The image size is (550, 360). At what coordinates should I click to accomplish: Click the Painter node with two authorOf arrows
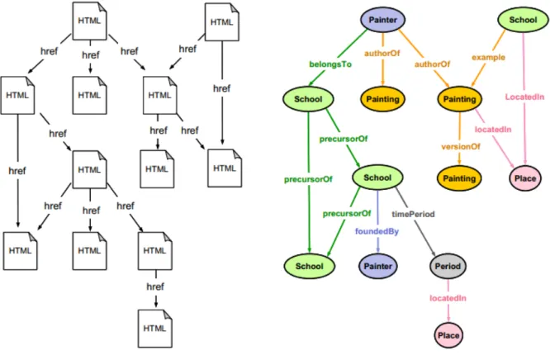point(382,20)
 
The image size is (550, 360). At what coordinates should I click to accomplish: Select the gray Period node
point(448,266)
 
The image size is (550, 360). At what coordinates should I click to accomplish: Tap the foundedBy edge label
point(377,231)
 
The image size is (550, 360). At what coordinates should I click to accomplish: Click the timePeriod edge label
point(413,214)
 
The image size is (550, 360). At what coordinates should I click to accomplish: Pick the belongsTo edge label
point(330,64)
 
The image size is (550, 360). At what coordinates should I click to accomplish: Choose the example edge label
point(488,57)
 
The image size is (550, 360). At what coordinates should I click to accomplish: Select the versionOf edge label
point(461,147)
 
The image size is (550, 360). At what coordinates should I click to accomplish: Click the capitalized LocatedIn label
point(524,97)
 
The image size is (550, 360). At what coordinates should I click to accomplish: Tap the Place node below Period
point(448,335)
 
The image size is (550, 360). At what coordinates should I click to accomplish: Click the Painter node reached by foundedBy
point(377,266)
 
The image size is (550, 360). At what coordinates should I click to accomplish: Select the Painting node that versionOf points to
point(459,178)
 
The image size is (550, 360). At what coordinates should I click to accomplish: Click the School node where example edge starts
point(523,20)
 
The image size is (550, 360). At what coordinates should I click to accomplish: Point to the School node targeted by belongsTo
point(308,99)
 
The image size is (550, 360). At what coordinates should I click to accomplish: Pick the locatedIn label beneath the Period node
point(448,298)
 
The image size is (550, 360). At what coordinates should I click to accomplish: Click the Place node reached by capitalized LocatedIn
point(524,178)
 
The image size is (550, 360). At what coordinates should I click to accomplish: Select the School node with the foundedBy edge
point(377,178)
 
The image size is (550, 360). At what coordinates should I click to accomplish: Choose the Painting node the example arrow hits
point(459,99)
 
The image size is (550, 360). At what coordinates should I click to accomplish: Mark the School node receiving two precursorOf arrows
point(309,266)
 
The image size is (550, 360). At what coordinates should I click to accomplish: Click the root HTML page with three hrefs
point(89,21)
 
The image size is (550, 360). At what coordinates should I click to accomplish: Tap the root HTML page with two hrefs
point(221,22)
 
